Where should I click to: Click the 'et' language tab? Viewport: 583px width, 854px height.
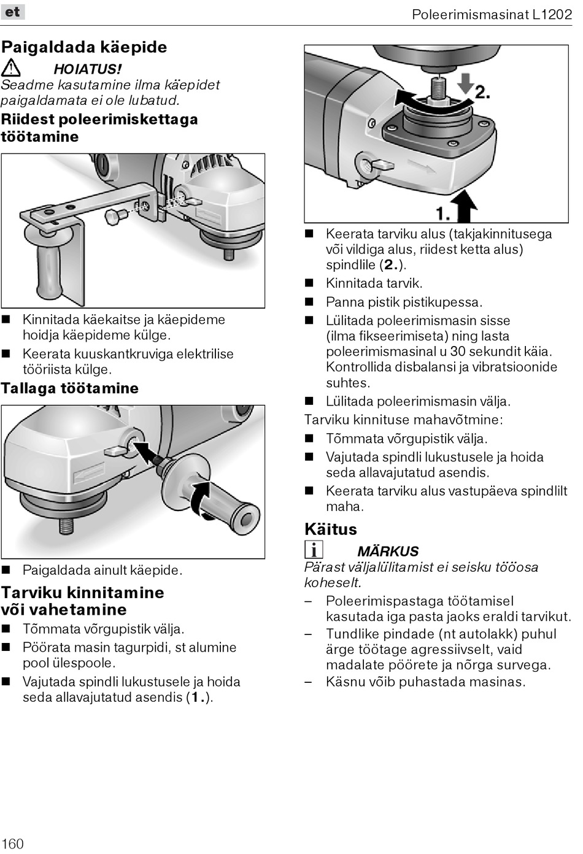coord(12,12)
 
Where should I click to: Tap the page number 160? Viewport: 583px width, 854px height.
coord(12,843)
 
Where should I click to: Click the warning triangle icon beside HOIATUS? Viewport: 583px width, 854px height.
coord(11,68)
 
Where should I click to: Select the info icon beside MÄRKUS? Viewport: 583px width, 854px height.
coord(313,550)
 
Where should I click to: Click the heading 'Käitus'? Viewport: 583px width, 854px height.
coord(330,529)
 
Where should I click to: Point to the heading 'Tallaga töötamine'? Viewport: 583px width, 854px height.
coord(69,388)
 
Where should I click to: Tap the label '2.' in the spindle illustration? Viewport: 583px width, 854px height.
coord(482,91)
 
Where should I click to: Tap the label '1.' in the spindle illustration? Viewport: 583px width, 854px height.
coord(442,213)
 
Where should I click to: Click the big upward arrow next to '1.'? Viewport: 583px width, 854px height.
coord(465,205)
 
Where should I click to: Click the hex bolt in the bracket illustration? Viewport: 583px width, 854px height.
coord(115,216)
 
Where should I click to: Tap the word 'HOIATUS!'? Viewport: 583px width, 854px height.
coord(88,69)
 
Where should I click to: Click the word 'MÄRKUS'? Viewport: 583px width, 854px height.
coord(388,551)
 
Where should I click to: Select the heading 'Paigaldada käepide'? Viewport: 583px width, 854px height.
coord(84,47)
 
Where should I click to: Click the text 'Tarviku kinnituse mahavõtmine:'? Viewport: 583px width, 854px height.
coord(403,420)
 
